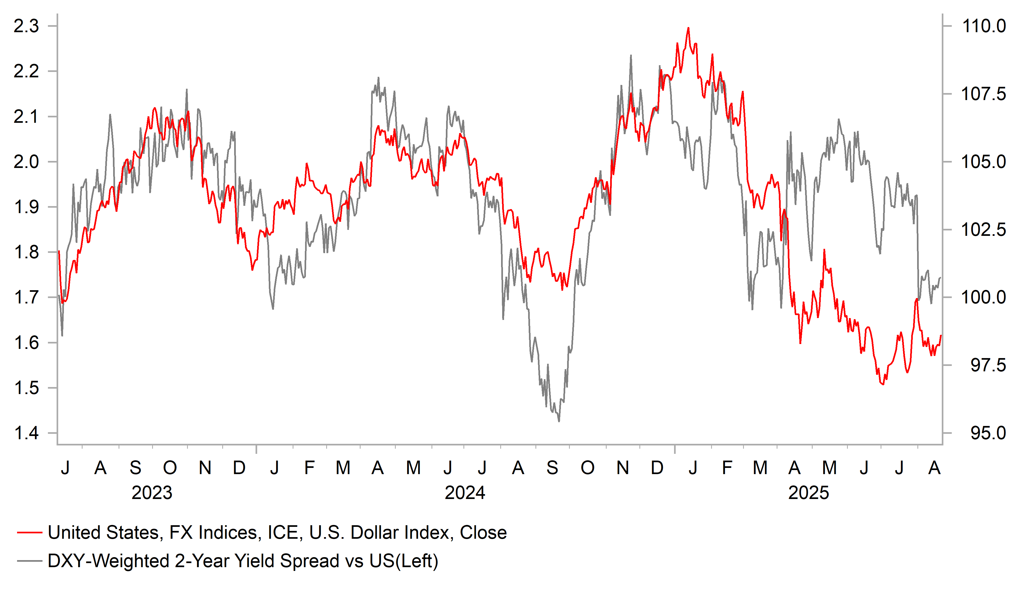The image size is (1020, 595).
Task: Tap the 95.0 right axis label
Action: click(x=988, y=433)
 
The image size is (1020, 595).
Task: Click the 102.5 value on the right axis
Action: click(x=983, y=230)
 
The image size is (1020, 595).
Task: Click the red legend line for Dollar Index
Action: click(x=30, y=533)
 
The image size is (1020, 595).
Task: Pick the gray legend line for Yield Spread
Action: click(x=30, y=561)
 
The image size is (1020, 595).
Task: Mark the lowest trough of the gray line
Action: click(x=559, y=421)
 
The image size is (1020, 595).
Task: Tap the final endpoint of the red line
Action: click(x=941, y=335)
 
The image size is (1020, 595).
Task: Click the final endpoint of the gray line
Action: click(x=941, y=277)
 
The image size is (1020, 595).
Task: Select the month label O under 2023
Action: click(x=170, y=468)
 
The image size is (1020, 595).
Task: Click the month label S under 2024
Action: click(x=552, y=468)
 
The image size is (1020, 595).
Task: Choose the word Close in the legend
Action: click(x=483, y=533)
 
